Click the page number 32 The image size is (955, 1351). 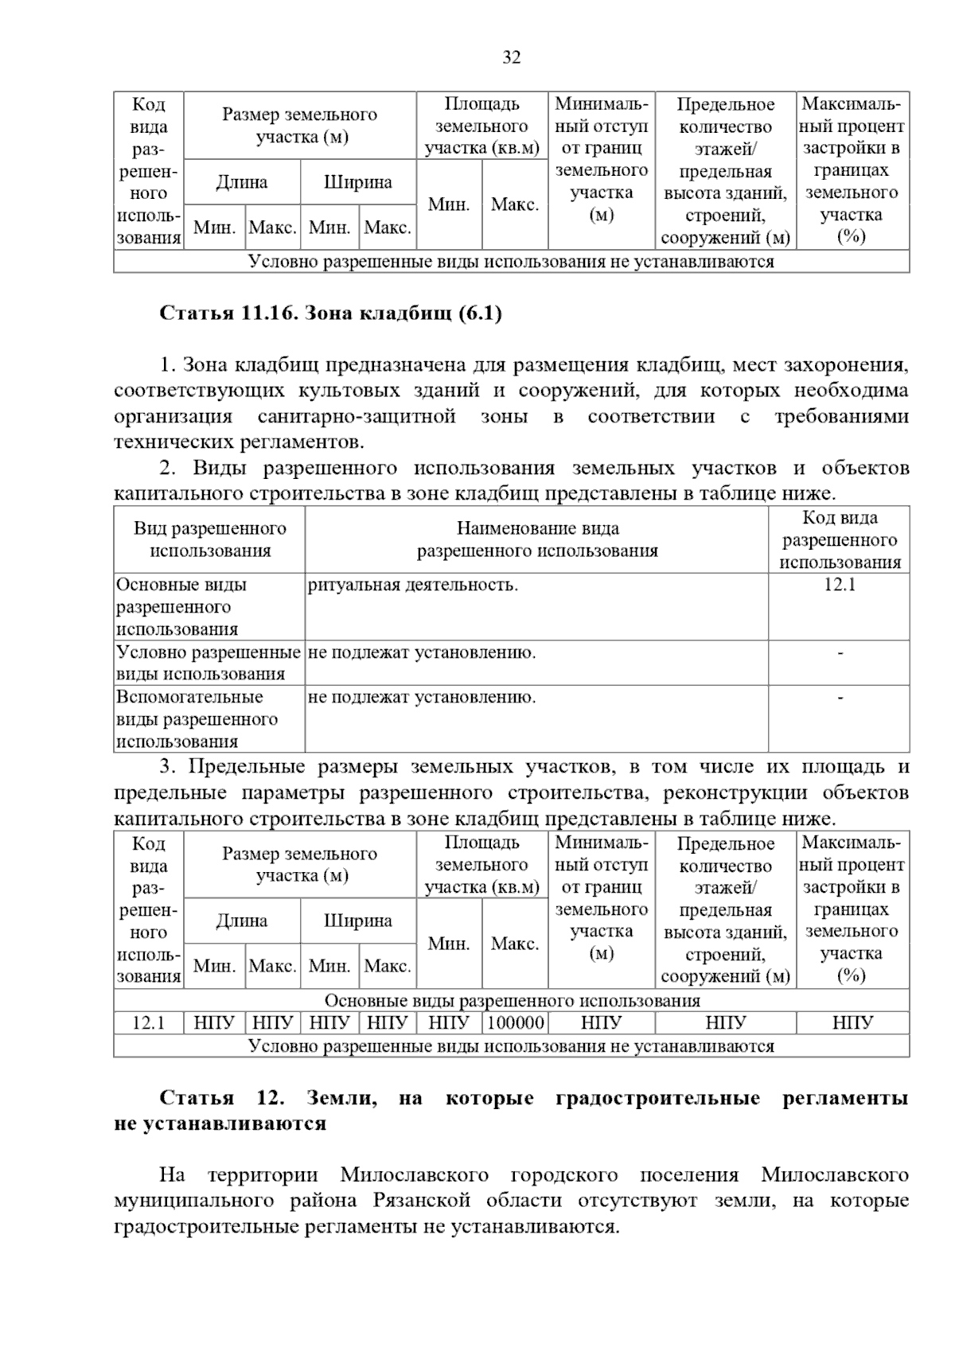511,57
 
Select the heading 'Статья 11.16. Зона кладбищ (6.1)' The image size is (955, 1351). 331,313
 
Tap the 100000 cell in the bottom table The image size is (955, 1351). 516,1022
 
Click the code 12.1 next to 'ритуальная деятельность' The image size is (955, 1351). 839,586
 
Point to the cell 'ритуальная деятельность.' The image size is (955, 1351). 413,586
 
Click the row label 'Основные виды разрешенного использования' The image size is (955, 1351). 182,607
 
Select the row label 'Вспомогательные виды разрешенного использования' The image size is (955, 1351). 197,719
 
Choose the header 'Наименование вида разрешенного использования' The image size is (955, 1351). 537,540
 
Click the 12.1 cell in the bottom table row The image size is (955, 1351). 148,1022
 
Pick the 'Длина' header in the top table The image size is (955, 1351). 242,182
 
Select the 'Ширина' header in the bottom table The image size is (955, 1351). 358,921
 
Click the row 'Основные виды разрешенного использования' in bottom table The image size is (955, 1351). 512,1001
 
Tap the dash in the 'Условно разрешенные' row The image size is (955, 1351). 840,653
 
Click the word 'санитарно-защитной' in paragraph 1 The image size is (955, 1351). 357,417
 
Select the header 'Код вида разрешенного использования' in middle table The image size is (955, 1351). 840,540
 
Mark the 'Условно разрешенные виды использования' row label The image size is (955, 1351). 208,664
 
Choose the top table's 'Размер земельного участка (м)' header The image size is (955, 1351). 300,126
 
